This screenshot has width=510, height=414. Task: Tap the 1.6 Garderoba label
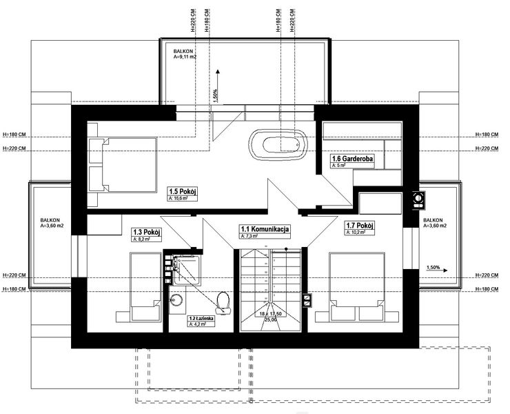coord(352,159)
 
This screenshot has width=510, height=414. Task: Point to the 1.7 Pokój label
coord(358,226)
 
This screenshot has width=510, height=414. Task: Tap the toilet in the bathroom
coord(222,301)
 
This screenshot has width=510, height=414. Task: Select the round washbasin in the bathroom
coord(176,301)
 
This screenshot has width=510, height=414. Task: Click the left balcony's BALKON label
coord(50,219)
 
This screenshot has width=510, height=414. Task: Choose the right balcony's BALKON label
coord(435,219)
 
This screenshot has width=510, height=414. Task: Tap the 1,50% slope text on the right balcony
coord(433,266)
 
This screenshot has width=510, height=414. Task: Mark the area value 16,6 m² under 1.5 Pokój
coord(178,198)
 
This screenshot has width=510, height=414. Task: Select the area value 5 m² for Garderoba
coord(338,166)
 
